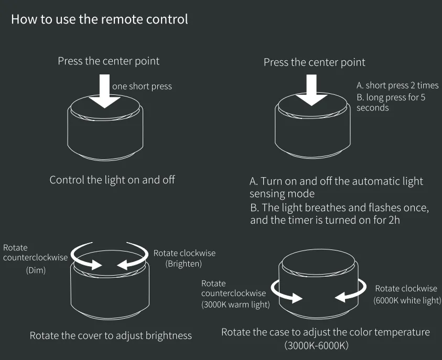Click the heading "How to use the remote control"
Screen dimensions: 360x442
coord(100,20)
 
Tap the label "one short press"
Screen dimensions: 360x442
coord(142,86)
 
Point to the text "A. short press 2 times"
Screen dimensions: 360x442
coord(397,85)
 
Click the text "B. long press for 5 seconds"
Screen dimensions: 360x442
coord(391,102)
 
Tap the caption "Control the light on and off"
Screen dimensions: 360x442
coord(112,180)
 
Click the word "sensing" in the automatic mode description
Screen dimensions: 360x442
coord(267,194)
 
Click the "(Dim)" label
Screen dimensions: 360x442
coord(36,270)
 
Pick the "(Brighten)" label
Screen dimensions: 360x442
coord(184,264)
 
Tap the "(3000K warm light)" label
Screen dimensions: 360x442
coord(235,304)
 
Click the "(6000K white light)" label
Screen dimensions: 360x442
coord(407,300)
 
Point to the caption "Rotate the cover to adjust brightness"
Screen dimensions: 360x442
coord(111,335)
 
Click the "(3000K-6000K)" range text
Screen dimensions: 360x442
coord(317,346)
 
